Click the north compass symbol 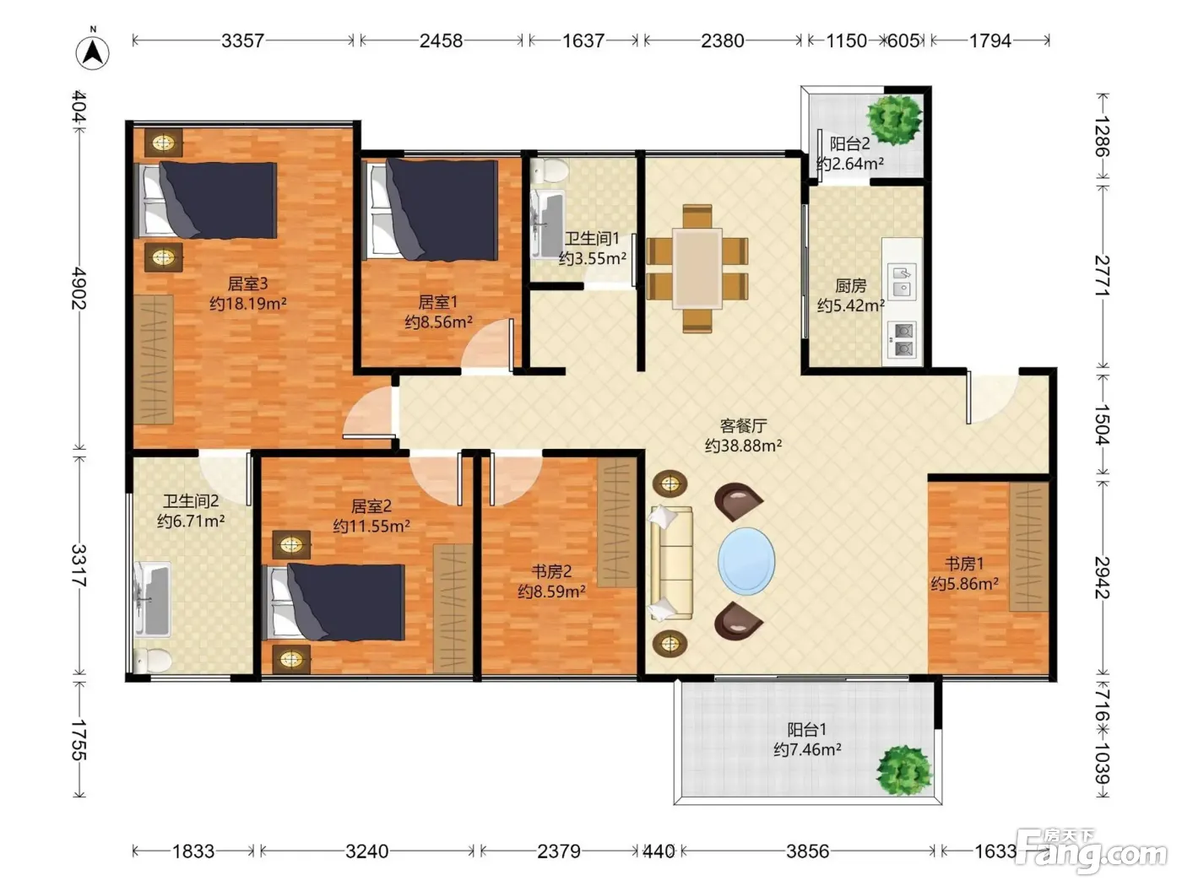(x=93, y=51)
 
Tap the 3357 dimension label (x=242, y=41)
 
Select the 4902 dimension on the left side (x=79, y=288)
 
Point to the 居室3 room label (x=247, y=284)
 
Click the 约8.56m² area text (x=439, y=322)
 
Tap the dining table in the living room (x=697, y=267)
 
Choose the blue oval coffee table (x=746, y=561)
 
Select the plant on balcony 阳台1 (x=905, y=770)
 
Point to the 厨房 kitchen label (x=851, y=285)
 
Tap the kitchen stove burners (x=902, y=340)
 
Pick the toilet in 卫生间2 (x=152, y=660)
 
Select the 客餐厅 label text (x=743, y=425)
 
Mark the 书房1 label (x=964, y=564)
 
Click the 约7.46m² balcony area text (x=807, y=749)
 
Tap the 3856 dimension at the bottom (x=807, y=851)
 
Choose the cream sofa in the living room (x=671, y=563)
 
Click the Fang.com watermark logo (x=1091, y=851)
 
